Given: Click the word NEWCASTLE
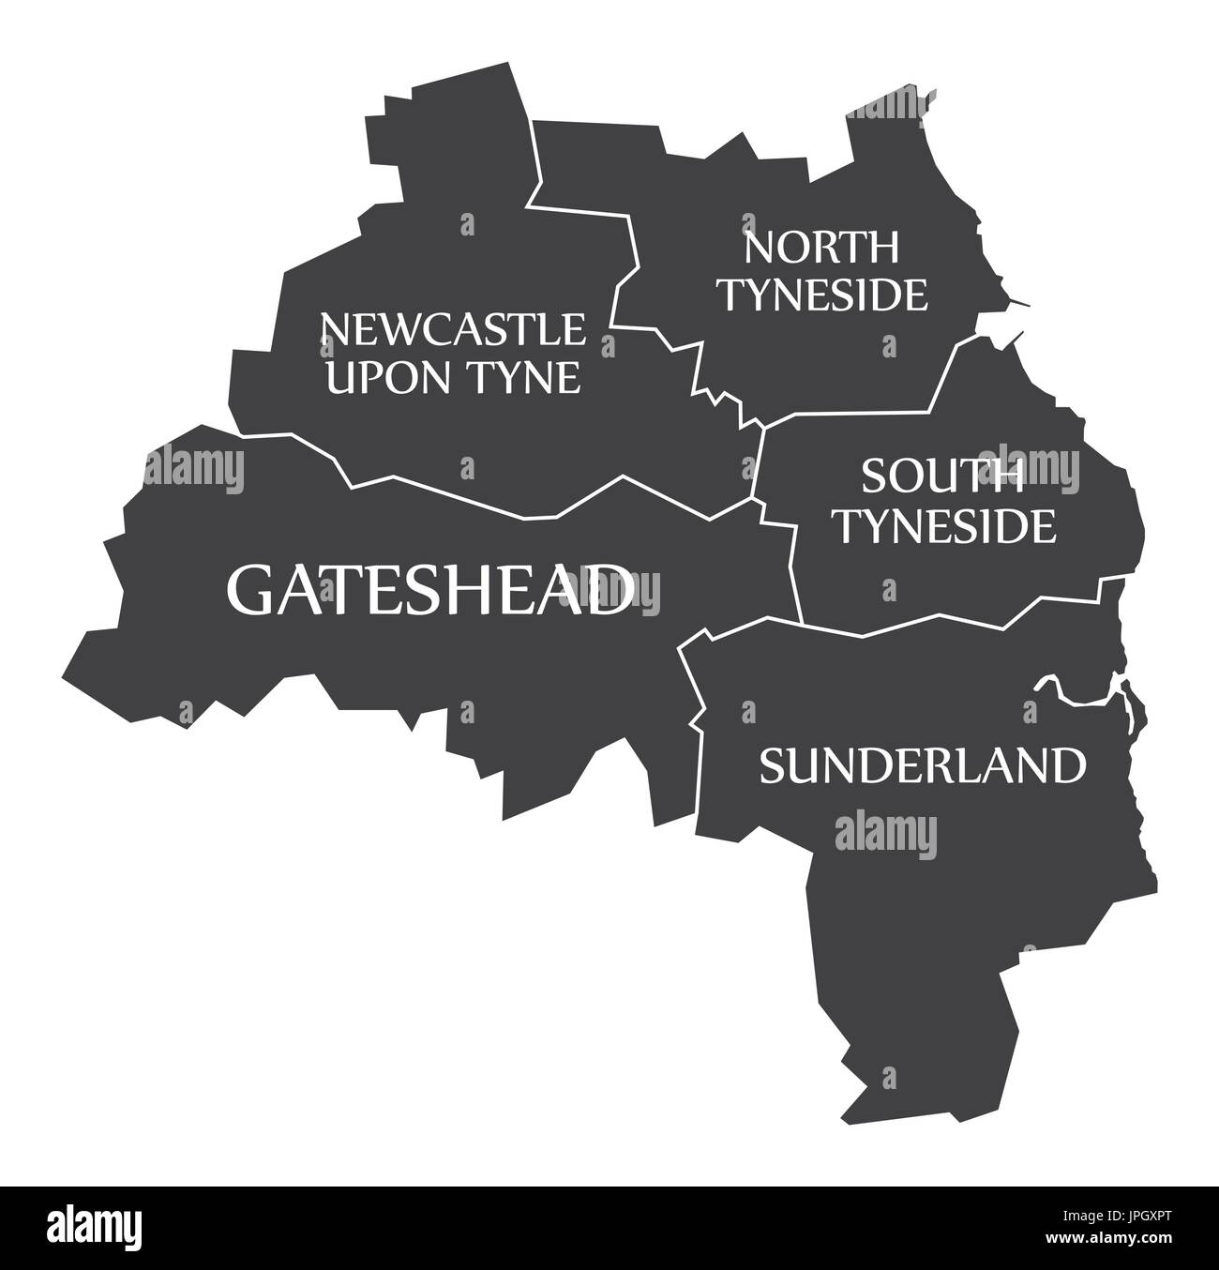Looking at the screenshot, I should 453,330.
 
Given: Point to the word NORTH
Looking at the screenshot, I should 821,249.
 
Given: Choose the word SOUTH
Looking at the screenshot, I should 942,477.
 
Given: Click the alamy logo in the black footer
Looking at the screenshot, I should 95,1227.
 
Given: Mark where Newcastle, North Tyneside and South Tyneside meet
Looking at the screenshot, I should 763,427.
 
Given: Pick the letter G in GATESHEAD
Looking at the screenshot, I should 250,590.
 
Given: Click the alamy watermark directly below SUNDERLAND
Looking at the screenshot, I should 885,831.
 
